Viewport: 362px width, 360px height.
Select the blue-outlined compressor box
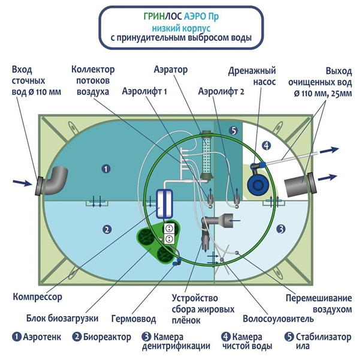(x=164, y=204)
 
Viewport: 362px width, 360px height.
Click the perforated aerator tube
(x=207, y=157)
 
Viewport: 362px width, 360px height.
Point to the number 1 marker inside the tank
(x=106, y=169)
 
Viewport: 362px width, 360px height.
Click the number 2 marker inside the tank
(x=107, y=229)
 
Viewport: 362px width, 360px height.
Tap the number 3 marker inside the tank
(x=280, y=229)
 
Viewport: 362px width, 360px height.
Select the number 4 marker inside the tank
(x=267, y=146)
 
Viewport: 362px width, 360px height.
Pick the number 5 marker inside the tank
(x=234, y=131)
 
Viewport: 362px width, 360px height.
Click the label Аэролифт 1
(x=144, y=92)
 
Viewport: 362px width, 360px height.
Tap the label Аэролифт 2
(x=221, y=92)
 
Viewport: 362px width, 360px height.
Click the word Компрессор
(x=37, y=296)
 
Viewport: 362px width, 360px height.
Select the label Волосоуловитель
(x=278, y=319)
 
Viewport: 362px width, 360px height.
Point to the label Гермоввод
(x=134, y=319)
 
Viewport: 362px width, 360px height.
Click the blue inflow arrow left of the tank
(x=22, y=183)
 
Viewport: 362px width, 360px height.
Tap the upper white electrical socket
(x=169, y=228)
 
